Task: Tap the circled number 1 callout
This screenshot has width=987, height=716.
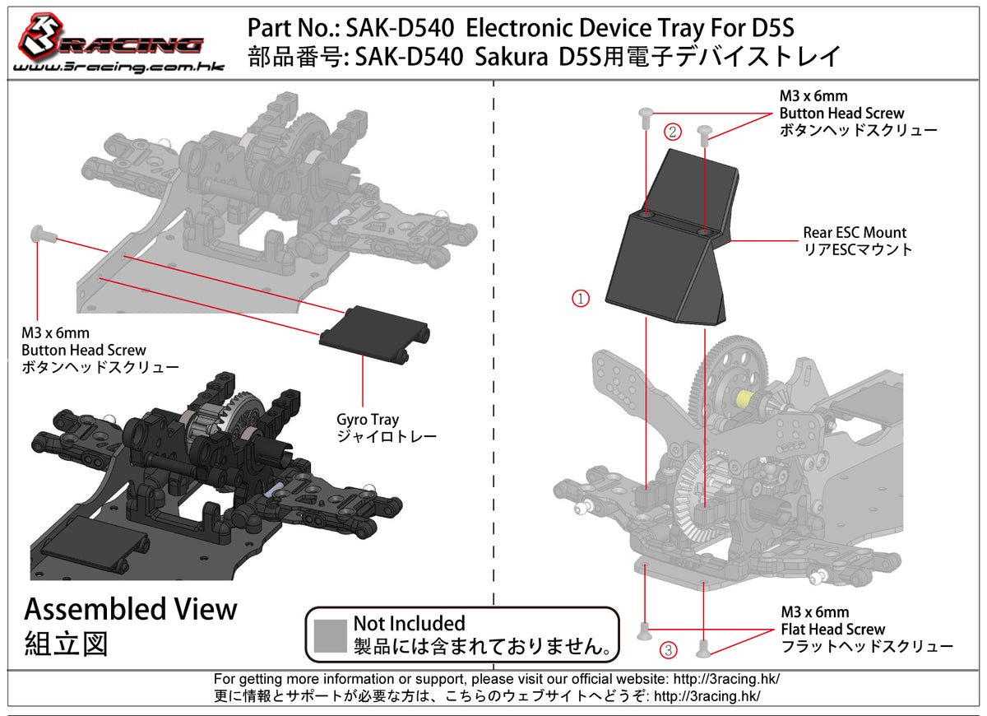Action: pos(581,299)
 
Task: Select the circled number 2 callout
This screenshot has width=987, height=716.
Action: pos(673,131)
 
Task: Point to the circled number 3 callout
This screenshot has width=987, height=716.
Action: pos(670,651)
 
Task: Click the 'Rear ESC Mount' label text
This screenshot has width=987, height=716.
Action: pos(855,233)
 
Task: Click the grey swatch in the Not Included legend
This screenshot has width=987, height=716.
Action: pos(331,635)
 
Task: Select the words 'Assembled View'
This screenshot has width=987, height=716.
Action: pos(131,610)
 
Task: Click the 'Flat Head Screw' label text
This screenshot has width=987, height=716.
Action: pos(833,630)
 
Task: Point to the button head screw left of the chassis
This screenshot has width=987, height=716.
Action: pos(42,235)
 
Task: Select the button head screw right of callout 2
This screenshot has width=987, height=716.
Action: pos(704,134)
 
